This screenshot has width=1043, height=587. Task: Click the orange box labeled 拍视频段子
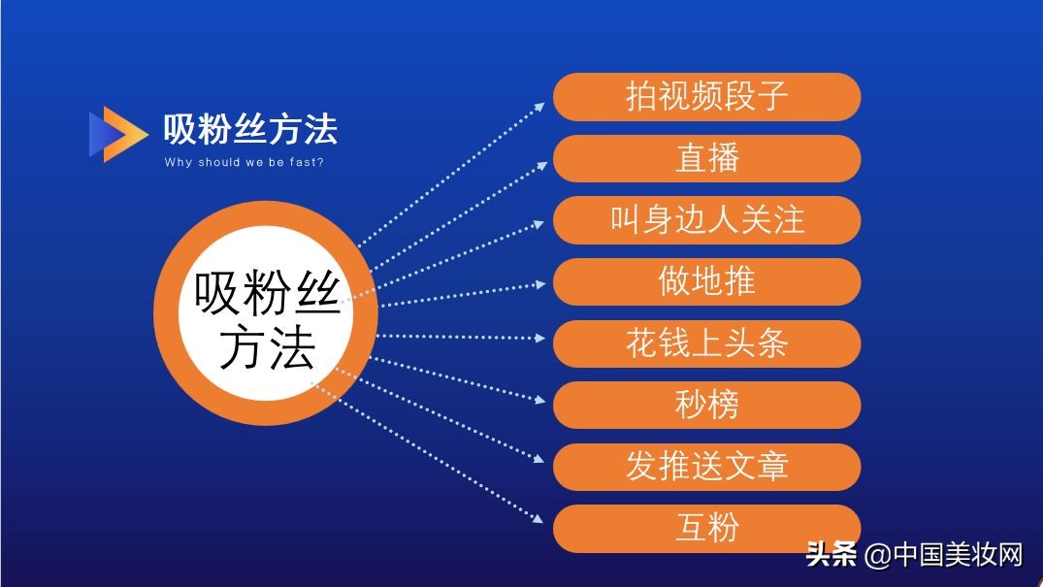click(x=706, y=97)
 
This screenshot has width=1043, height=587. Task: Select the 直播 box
click(x=706, y=158)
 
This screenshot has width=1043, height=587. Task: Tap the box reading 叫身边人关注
click(x=706, y=220)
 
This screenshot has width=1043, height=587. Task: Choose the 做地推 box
click(x=706, y=281)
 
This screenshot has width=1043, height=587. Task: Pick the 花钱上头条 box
click(x=706, y=343)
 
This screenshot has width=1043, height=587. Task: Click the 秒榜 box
click(x=706, y=405)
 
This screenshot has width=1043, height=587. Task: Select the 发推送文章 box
click(x=706, y=467)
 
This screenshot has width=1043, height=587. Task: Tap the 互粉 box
click(x=706, y=528)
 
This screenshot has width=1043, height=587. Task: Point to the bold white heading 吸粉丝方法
click(x=250, y=129)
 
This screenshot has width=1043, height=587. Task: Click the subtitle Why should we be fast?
click(x=244, y=162)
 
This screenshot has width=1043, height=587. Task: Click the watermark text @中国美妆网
click(x=943, y=555)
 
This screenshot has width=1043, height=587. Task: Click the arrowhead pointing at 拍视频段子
click(x=541, y=104)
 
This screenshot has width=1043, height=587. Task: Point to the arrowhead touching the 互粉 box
click(x=541, y=521)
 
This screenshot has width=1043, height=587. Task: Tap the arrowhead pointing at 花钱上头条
click(x=541, y=338)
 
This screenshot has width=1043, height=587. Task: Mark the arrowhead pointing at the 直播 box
click(x=541, y=165)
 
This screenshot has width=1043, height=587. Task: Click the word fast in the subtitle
click(x=306, y=162)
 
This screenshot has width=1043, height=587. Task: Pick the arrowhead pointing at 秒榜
click(x=541, y=399)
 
